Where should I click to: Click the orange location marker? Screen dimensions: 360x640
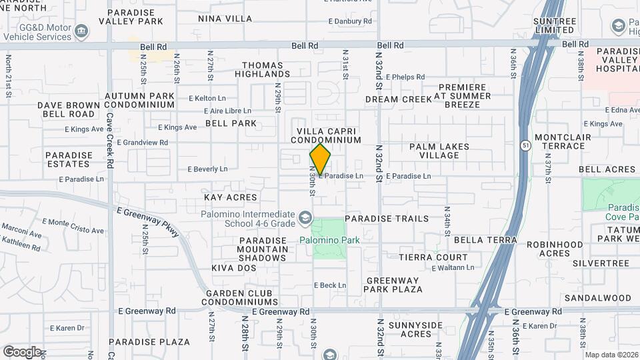(x=320, y=160)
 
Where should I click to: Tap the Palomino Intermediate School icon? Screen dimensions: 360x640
(x=305, y=217)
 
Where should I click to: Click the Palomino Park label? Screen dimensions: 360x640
(x=329, y=240)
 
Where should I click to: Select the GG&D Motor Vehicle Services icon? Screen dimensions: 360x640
(x=81, y=31)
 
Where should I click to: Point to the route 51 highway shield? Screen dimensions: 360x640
(x=526, y=145)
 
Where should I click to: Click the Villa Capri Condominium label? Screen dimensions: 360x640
(x=329, y=135)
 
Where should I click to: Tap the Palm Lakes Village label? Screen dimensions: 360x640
(x=439, y=151)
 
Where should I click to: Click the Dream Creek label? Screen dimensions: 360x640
(x=399, y=99)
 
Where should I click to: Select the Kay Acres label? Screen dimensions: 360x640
(x=230, y=197)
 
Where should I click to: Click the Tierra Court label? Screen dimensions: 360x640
(x=433, y=257)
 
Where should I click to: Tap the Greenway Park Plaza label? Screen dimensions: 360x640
(x=393, y=285)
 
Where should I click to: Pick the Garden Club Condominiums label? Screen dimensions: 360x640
(x=242, y=297)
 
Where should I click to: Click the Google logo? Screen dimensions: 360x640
(x=22, y=351)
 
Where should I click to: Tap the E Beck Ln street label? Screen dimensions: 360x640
(x=329, y=285)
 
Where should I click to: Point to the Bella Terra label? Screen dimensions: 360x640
(x=485, y=239)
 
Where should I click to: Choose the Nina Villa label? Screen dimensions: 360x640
(x=225, y=19)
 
